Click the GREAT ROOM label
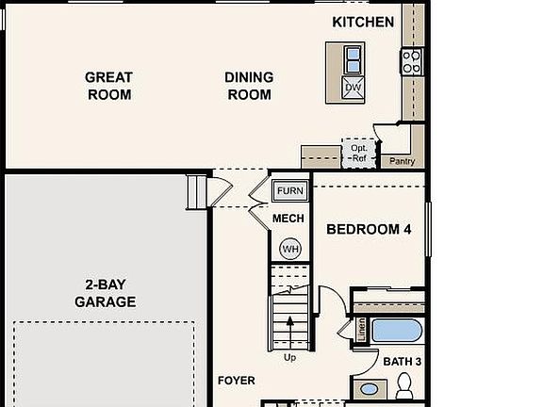[x=108, y=86]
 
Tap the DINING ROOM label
[x=249, y=86]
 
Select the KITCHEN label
[x=363, y=22]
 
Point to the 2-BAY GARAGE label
[x=105, y=294]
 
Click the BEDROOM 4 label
[x=369, y=229]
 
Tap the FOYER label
[x=237, y=381]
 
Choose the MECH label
[x=288, y=220]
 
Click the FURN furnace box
[x=290, y=191]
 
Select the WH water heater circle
[x=290, y=249]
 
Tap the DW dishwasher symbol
[x=353, y=88]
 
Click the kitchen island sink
[x=352, y=59]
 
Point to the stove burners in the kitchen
[x=411, y=61]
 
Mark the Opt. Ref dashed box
[x=358, y=153]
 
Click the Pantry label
[x=403, y=162]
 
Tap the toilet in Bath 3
[x=405, y=384]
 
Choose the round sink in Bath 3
[x=370, y=388]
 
